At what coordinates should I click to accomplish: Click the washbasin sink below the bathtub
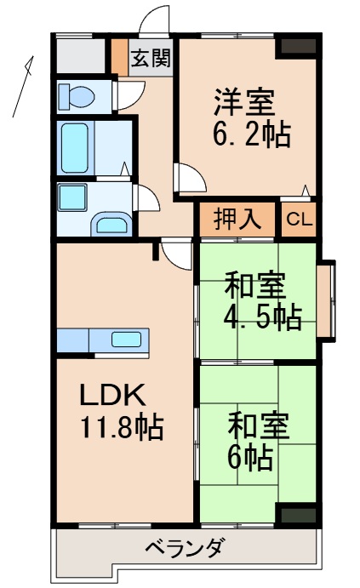[111, 225]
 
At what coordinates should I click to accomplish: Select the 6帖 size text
[249, 457]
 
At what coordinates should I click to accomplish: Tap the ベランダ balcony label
[184, 547]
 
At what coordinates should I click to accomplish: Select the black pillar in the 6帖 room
[297, 513]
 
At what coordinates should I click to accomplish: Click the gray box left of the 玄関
[83, 56]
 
